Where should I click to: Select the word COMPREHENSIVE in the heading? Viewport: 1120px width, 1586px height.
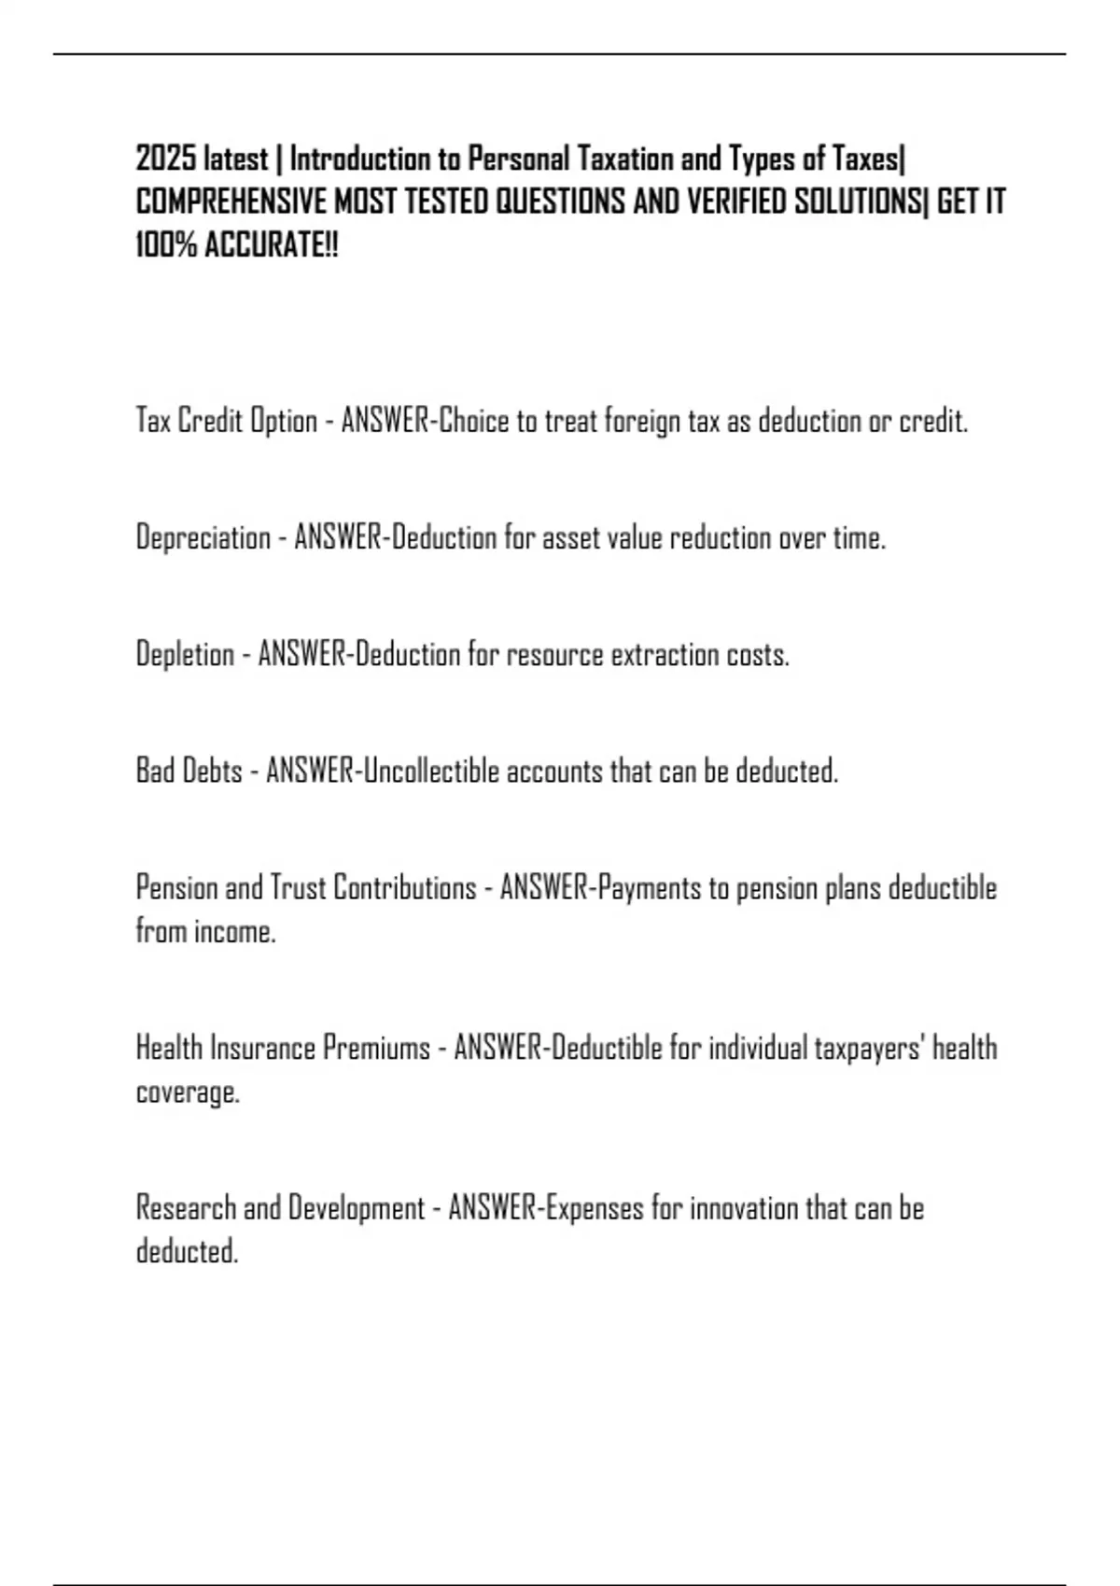click(x=231, y=202)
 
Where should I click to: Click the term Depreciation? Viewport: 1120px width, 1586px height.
click(x=203, y=538)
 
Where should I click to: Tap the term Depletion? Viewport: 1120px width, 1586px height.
click(x=185, y=655)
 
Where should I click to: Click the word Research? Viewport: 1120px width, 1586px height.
click(x=186, y=1208)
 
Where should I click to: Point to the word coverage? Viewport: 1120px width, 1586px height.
click(x=187, y=1092)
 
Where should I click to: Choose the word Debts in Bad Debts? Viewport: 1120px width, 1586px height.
click(x=215, y=772)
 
